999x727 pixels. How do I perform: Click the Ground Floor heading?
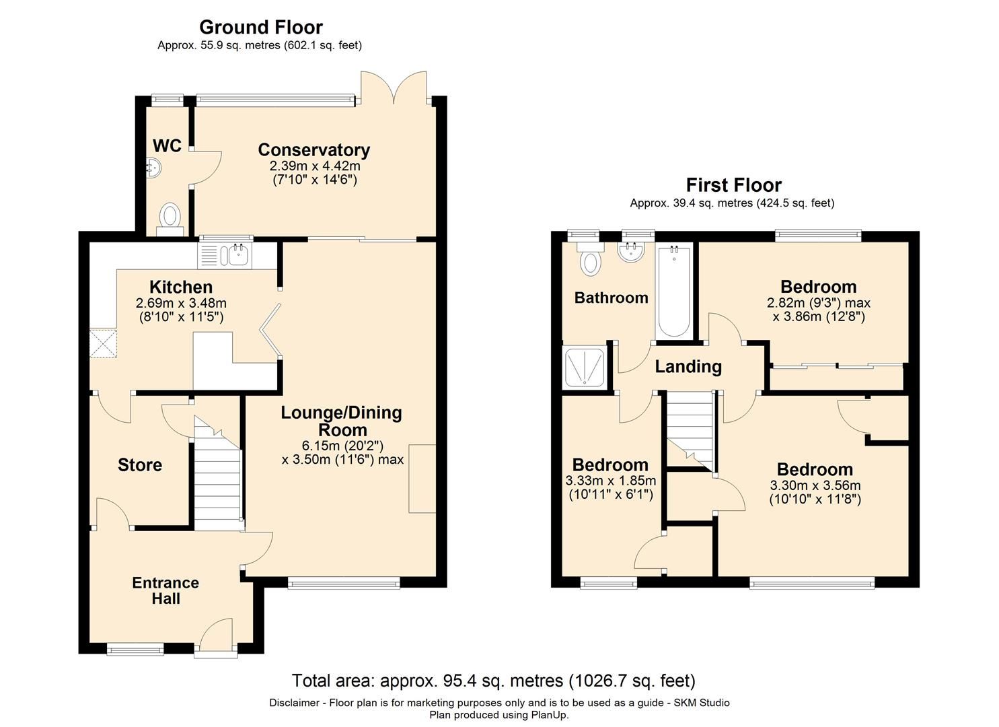261,28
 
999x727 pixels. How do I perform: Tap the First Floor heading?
733,185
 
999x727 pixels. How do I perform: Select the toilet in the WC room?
170,217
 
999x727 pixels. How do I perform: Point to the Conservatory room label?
313,149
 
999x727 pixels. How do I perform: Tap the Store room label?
140,465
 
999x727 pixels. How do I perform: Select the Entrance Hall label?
165,590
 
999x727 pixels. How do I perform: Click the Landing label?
688,367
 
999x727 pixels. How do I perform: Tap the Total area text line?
493,681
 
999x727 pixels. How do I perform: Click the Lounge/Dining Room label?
341,421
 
